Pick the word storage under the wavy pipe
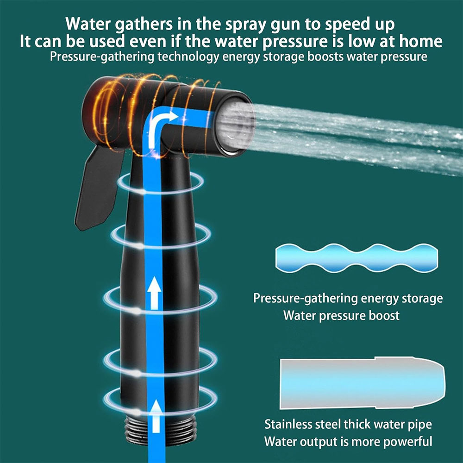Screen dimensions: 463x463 pyautogui.click(x=419, y=298)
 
